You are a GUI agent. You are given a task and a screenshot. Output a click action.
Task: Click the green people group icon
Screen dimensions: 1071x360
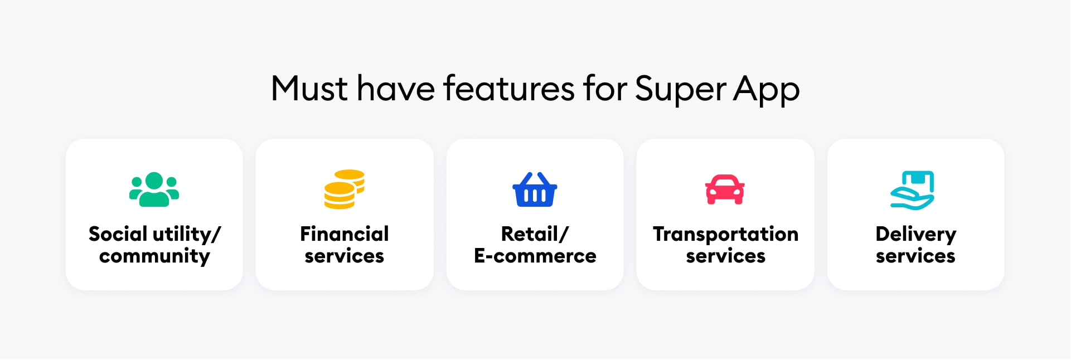click(x=154, y=189)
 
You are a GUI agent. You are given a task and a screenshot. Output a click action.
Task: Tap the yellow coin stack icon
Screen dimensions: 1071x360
click(x=345, y=189)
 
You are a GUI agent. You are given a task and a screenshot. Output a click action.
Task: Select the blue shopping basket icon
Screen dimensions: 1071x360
click(x=535, y=189)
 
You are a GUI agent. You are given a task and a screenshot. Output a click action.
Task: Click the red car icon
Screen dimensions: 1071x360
click(x=725, y=189)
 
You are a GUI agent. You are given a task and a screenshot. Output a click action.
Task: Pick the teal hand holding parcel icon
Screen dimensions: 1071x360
click(x=912, y=190)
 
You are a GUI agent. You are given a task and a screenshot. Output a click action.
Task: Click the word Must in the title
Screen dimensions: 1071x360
click(x=309, y=89)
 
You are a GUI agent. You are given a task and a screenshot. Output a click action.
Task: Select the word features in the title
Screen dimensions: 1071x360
click(x=509, y=89)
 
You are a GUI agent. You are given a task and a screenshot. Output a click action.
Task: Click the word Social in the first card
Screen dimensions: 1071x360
click(x=118, y=233)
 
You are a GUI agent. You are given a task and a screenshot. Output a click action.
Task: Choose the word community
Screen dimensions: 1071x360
click(x=154, y=256)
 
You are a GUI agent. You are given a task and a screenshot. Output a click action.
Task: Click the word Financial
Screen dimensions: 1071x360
click(x=345, y=233)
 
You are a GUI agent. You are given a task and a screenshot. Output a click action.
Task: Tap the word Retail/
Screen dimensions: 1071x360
click(x=535, y=234)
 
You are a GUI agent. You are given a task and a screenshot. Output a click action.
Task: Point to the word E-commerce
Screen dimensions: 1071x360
click(x=535, y=256)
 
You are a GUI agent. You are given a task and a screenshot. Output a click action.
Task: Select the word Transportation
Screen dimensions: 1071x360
click(x=726, y=234)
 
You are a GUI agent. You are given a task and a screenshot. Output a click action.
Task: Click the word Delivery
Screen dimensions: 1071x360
click(x=916, y=235)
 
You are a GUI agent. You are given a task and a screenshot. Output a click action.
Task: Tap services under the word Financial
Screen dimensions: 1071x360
click(x=345, y=256)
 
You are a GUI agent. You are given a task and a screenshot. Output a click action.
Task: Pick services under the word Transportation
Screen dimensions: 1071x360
click(x=726, y=256)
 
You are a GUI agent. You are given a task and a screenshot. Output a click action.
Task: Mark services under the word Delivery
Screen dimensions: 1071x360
click(x=916, y=256)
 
